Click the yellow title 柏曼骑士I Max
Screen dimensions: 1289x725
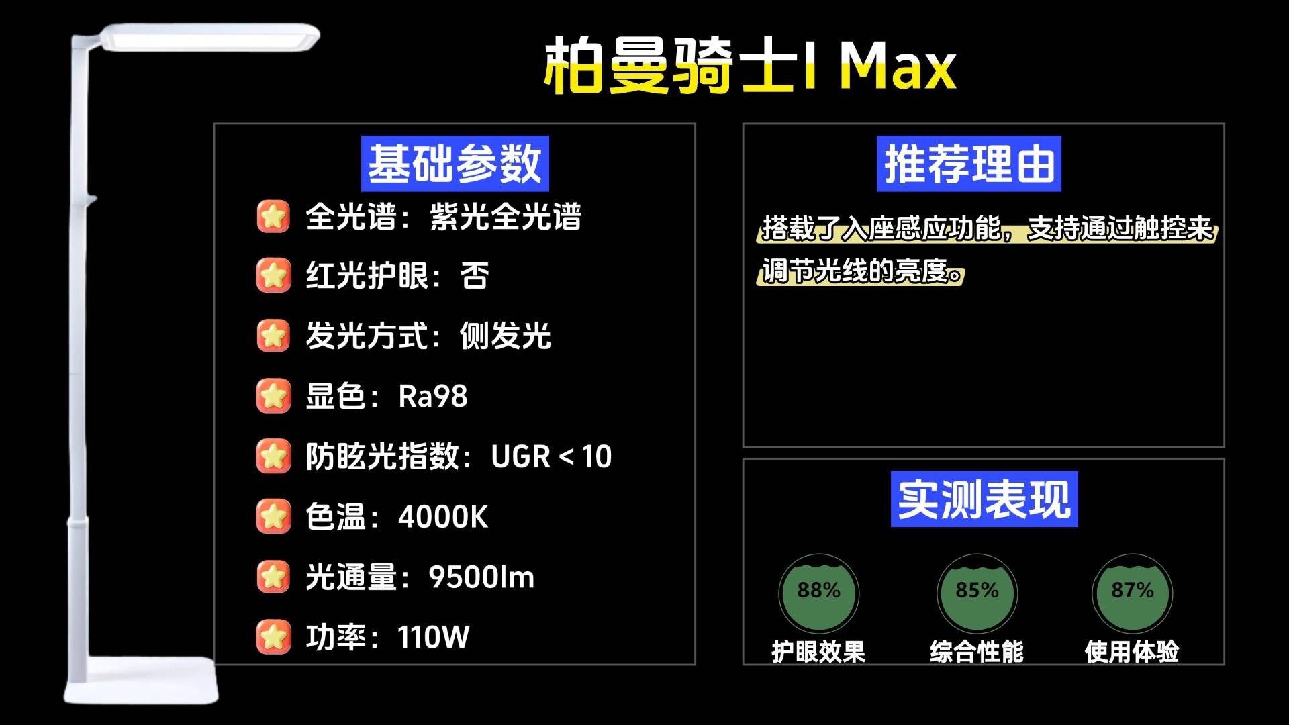750,66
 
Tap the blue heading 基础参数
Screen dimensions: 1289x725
455,164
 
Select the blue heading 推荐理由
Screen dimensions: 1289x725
969,164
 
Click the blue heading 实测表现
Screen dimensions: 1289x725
984,499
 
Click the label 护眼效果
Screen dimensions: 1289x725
818,651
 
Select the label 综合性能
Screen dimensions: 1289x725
977,651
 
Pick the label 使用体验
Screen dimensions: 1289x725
1133,651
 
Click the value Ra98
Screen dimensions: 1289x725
433,396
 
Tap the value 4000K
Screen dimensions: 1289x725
443,517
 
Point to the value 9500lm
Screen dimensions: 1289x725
481,577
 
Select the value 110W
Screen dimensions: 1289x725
434,637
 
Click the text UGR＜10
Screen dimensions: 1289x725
551,456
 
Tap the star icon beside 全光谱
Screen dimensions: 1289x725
273,216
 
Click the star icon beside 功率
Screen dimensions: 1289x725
273,637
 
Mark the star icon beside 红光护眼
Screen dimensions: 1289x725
273,276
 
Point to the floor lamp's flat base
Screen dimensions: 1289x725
142,681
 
